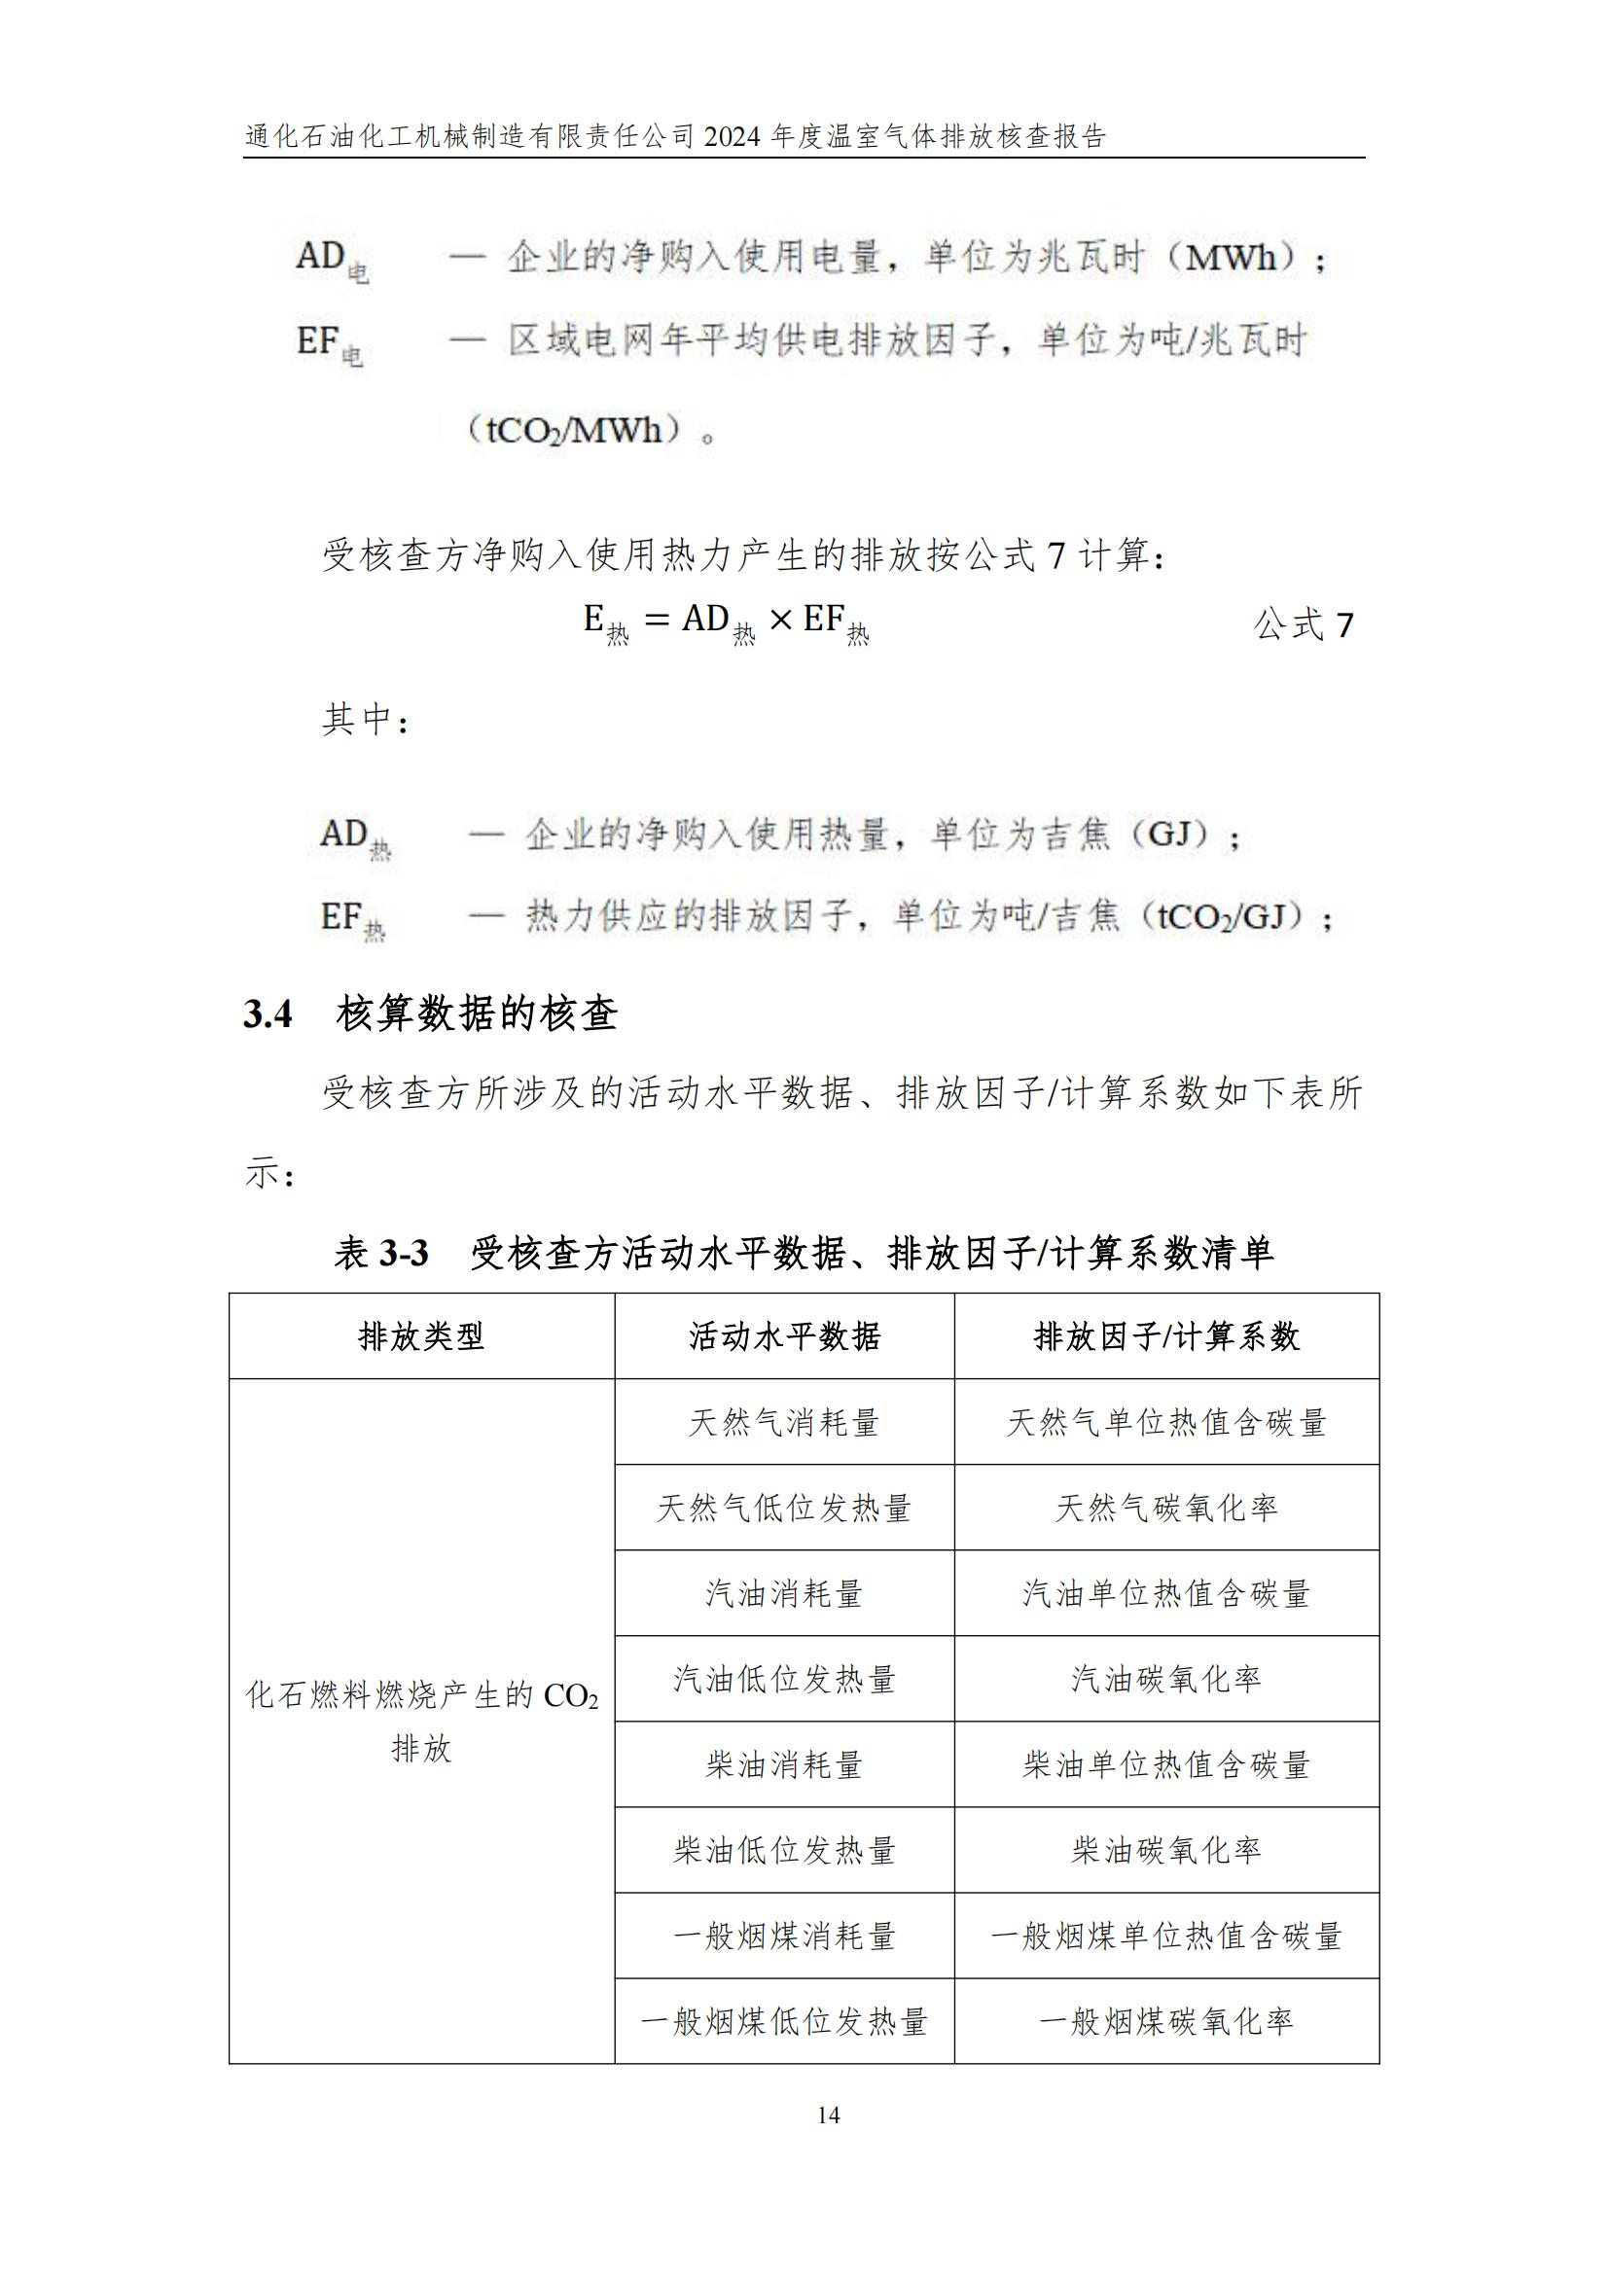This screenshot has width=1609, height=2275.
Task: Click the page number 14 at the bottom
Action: pos(828,2115)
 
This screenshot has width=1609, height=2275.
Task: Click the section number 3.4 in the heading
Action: pos(268,1014)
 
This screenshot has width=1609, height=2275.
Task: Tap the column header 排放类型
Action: pos(421,1336)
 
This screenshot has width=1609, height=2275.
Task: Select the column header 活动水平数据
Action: pos(784,1336)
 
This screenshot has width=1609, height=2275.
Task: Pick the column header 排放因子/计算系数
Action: pos(1166,1336)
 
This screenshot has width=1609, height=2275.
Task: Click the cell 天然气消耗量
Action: pos(784,1423)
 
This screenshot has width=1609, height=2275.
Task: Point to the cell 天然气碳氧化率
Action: pos(1166,1509)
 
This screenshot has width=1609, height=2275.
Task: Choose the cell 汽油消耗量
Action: pos(784,1593)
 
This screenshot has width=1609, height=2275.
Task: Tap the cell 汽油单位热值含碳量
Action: pos(1166,1593)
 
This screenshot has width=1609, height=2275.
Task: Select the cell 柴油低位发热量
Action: pos(784,1850)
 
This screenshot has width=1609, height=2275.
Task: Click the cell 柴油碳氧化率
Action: pos(1166,1850)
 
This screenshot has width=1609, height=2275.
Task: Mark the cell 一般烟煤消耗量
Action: pos(784,1936)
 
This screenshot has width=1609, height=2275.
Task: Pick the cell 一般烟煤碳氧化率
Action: pos(1166,2021)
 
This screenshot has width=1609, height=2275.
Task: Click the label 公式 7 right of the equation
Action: pos(1303,625)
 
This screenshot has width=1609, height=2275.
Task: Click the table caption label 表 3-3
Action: pos(381,1254)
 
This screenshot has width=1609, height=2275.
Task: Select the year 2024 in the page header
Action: pos(733,137)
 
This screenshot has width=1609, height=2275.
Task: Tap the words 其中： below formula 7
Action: pos(365,721)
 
